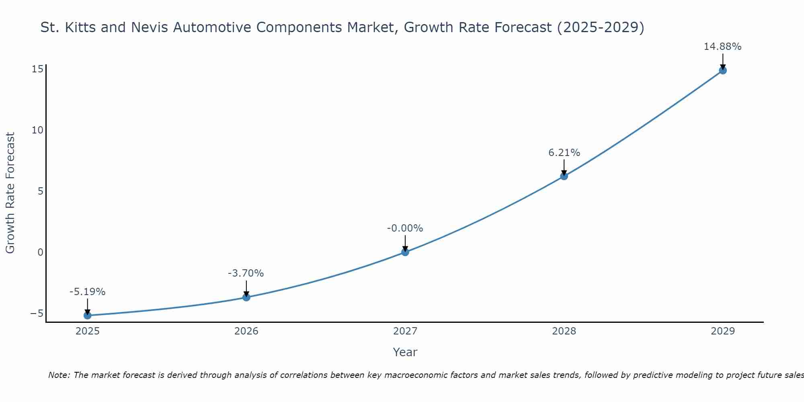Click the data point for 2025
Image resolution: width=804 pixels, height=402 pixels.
coord(87,316)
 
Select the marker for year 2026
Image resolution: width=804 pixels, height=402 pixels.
coord(246,297)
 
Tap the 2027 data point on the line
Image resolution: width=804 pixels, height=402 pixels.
coord(405,252)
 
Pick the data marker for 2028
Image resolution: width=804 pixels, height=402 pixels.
coord(564,176)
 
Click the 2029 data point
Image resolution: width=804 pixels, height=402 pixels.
coord(723,70)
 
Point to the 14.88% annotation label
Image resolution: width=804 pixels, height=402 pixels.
coord(722,47)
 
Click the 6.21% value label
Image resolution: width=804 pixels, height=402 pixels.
coord(564,153)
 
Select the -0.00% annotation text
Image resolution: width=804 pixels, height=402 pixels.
coord(405,228)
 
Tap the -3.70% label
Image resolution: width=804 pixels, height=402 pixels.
coord(246,273)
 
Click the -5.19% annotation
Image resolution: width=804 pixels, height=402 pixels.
coord(87,292)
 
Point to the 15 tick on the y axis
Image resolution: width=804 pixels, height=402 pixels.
coord(37,69)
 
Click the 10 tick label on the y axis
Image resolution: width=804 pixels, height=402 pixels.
coord(37,130)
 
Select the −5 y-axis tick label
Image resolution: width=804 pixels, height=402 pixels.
coord(36,313)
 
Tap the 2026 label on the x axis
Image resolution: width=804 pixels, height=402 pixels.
coord(246,331)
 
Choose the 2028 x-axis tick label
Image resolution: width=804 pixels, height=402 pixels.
coord(564,331)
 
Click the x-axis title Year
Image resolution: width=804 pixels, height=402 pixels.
coord(405,352)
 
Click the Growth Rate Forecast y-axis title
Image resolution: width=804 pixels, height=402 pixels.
coord(10,193)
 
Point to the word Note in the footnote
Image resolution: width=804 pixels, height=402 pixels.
coord(58,375)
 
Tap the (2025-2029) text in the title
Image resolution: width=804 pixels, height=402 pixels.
coord(601,27)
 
